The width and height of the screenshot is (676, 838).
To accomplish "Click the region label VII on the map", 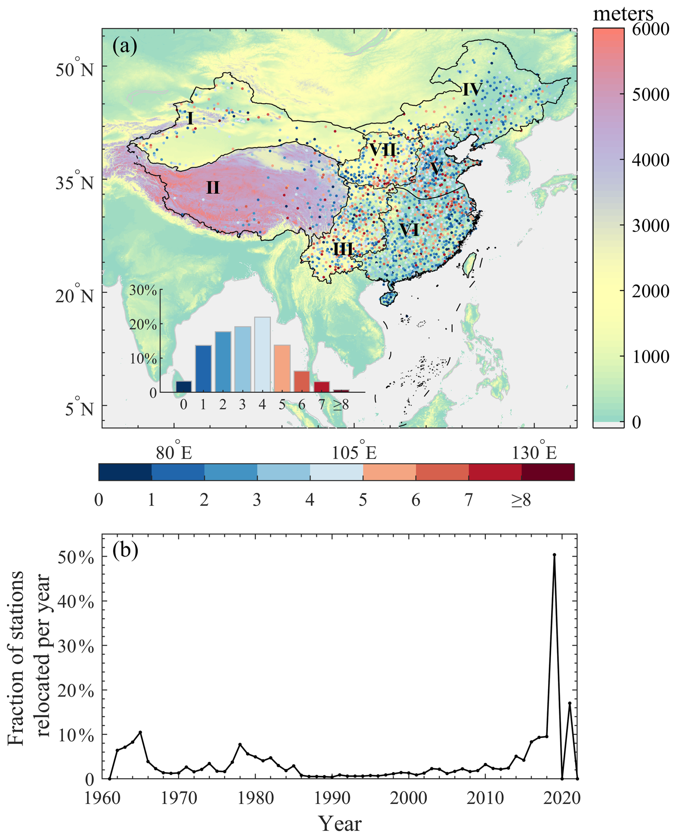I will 382,150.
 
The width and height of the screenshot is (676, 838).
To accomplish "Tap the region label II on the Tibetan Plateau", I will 213,188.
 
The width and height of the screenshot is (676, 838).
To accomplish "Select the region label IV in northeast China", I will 472,90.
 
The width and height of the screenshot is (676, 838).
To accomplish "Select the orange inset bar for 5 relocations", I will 282,368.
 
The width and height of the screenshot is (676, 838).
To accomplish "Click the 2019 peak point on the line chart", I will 554,555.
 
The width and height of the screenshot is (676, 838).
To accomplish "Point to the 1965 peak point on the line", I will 140,732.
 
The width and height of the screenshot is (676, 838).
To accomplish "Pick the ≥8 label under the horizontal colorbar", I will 521,500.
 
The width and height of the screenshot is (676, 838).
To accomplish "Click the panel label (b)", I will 125,551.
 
